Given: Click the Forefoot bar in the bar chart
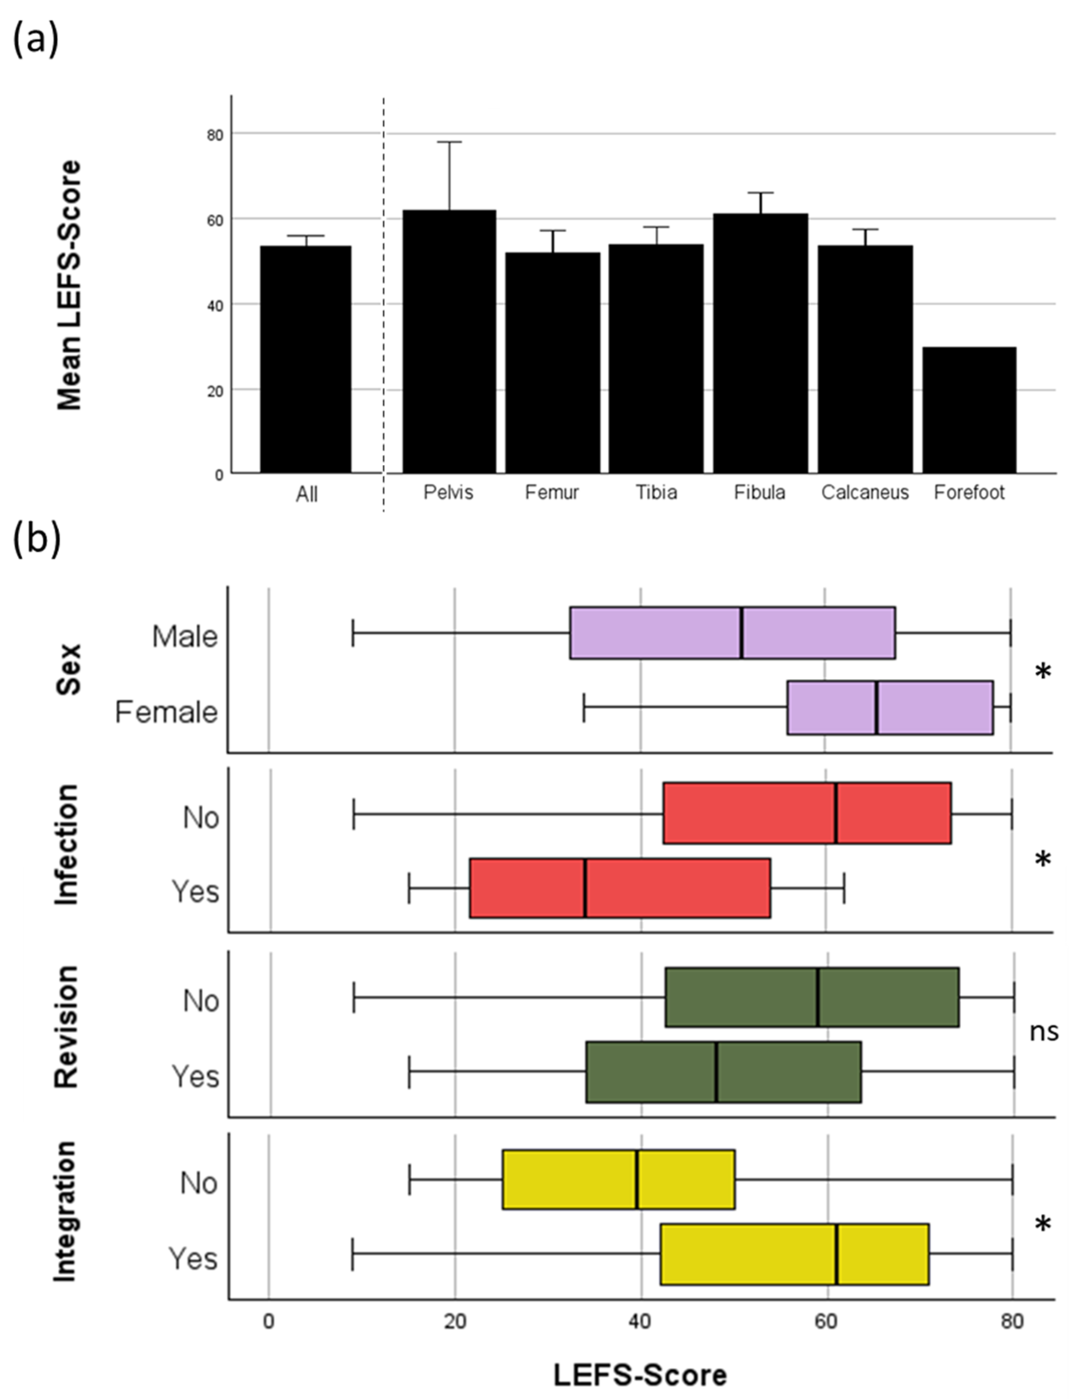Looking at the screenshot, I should (969, 410).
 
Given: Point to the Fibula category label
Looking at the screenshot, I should (759, 492).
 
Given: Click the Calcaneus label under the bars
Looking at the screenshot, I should (864, 492).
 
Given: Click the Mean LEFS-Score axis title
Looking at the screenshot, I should (69, 285).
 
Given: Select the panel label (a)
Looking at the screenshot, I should (36, 40).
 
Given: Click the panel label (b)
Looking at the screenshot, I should (36, 539).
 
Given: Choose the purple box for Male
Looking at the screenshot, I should (732, 632).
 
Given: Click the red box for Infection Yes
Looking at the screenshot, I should (619, 888).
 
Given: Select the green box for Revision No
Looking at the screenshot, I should (811, 997).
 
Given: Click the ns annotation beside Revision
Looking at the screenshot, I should (1043, 1032).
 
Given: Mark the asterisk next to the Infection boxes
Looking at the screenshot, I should (1042, 859).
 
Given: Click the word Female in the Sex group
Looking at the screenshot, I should (167, 712).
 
